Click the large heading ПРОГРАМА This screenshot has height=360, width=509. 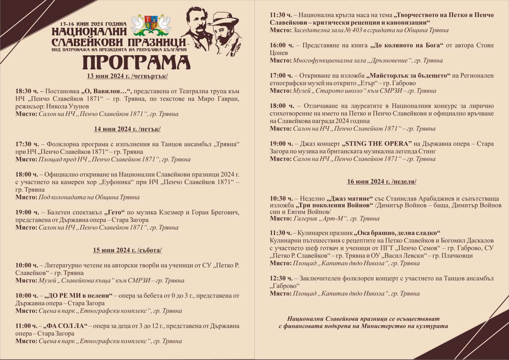[x=136, y=63]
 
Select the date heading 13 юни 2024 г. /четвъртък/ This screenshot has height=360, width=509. [x=127, y=76]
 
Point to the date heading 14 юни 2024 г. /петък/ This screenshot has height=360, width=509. [x=127, y=129]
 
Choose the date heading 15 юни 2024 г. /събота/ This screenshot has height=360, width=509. [x=127, y=250]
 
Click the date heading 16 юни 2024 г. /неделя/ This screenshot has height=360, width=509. [x=381, y=182]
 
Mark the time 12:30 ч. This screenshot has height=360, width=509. [x=281, y=279]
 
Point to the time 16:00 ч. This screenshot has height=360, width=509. [x=281, y=45]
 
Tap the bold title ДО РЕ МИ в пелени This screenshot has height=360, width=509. [x=79, y=296]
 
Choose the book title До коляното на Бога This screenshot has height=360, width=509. [x=407, y=45]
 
